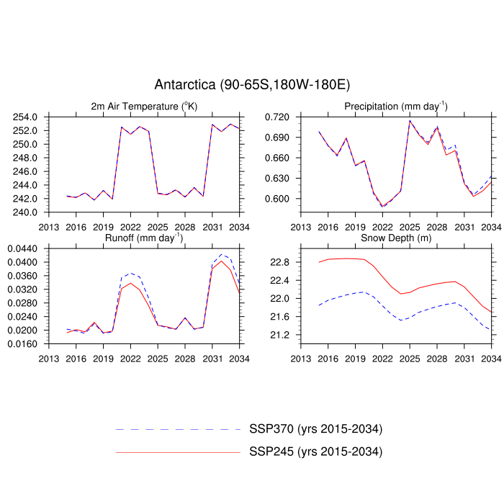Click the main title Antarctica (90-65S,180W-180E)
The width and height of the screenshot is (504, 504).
tap(252, 85)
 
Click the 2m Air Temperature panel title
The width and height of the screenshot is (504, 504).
tap(144, 107)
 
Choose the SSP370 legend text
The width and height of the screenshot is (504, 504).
tap(315, 430)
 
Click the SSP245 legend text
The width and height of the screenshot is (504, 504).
tap(315, 452)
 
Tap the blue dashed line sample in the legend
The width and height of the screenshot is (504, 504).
tap(176, 430)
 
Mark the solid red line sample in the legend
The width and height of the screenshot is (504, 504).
tap(176, 452)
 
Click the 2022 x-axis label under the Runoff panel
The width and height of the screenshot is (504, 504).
tap(130, 358)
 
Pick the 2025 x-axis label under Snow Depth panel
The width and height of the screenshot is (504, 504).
tap(410, 358)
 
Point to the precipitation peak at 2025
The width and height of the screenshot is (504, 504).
tap(410, 120)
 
